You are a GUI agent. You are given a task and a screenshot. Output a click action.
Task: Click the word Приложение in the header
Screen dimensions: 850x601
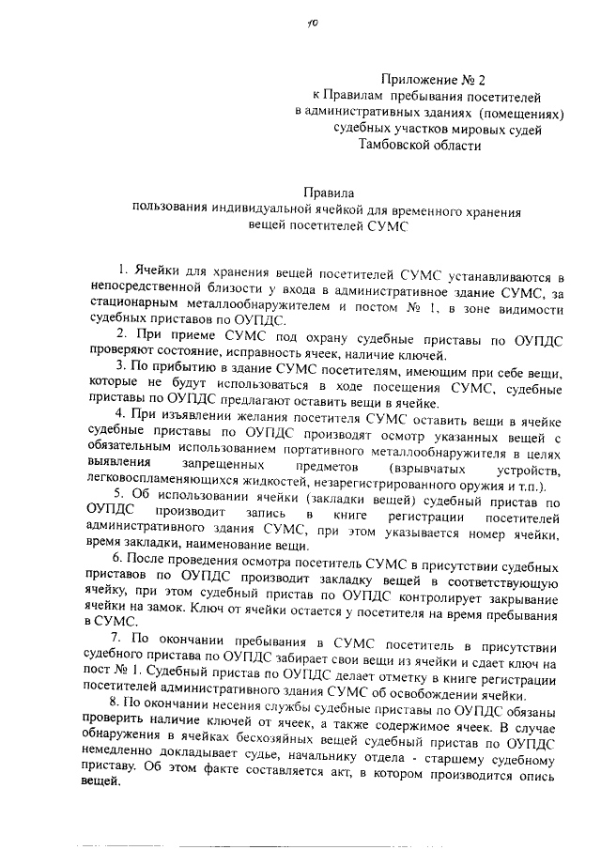pyautogui.click(x=421, y=80)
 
